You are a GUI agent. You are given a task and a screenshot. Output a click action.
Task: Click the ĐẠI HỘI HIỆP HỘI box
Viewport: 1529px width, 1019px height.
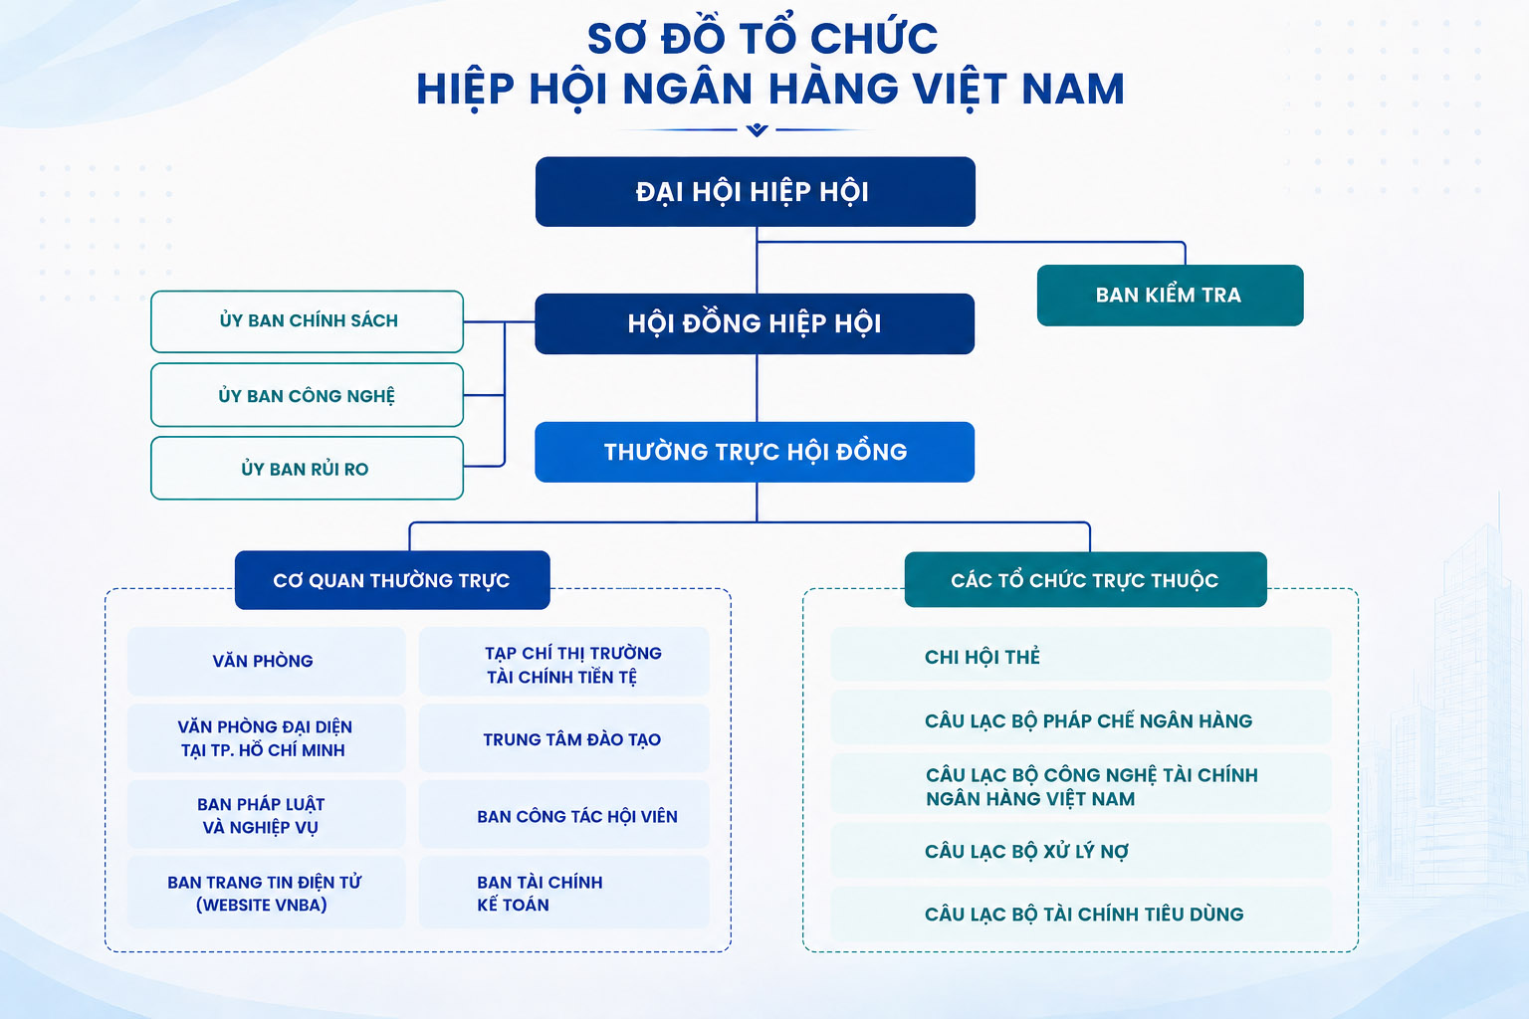point(755,192)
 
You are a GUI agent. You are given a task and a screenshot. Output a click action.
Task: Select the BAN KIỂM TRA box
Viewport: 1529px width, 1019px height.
point(1170,295)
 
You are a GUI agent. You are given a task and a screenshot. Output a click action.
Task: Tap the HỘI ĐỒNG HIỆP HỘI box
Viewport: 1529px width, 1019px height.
point(755,323)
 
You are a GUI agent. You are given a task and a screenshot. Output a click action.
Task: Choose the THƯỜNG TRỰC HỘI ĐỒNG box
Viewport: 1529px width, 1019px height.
point(755,452)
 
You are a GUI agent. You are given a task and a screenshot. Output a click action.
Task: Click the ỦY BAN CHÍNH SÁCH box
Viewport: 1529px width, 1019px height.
point(308,321)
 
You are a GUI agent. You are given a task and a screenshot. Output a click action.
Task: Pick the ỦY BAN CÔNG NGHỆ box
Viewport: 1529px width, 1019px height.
point(308,395)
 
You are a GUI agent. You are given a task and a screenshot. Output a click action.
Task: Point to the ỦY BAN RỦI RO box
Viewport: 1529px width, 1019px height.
point(308,469)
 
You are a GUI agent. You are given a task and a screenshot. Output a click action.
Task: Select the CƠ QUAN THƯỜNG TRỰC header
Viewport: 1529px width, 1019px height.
point(392,580)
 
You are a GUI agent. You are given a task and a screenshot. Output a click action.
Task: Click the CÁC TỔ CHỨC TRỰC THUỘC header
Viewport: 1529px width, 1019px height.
point(1085,579)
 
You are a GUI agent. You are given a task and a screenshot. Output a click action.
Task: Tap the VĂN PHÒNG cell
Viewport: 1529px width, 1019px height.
point(266,661)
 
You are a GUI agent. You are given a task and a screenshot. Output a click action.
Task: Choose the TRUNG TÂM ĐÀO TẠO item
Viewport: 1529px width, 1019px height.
point(564,739)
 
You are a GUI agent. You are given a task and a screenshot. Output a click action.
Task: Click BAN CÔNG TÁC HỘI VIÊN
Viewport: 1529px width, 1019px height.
point(564,816)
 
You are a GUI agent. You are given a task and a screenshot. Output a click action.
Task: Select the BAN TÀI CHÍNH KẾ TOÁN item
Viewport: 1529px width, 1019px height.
point(564,893)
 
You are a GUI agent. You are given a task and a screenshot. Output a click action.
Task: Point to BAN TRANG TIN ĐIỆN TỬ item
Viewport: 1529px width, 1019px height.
point(266,893)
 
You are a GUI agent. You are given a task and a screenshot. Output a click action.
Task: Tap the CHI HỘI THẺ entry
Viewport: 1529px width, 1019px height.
point(1080,656)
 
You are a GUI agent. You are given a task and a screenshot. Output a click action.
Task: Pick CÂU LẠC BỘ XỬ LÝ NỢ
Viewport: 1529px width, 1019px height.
point(1080,851)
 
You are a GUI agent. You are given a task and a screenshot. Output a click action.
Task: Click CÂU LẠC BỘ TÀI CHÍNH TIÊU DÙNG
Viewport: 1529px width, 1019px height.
point(1080,915)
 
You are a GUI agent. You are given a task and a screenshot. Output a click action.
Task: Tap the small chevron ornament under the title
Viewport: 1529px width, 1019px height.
point(757,129)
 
